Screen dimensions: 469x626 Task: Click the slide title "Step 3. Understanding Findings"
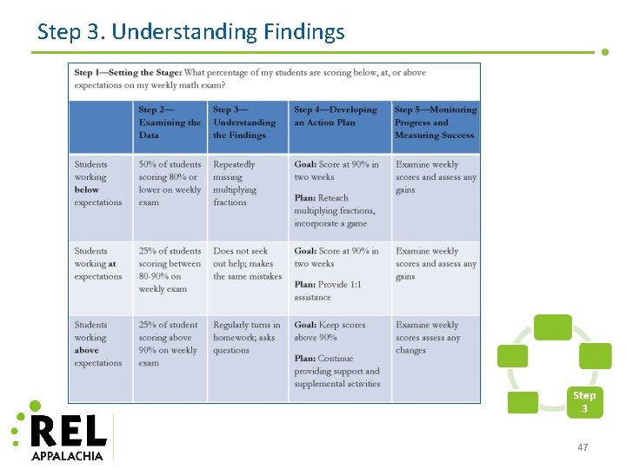click(x=190, y=33)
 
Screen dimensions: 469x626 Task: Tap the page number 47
click(x=583, y=447)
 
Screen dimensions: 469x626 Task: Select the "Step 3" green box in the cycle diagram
click(x=584, y=401)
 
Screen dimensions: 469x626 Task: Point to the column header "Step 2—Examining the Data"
click(x=170, y=122)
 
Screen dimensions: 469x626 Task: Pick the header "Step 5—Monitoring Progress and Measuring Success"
click(x=435, y=122)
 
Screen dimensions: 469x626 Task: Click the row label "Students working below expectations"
click(x=98, y=183)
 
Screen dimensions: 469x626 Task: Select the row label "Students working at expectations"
click(x=98, y=263)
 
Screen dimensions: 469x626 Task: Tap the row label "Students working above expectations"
click(x=98, y=344)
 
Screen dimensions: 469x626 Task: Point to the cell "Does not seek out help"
click(x=247, y=263)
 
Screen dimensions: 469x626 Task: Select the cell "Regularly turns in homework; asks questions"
click(x=246, y=338)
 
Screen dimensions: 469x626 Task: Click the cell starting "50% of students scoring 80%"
click(x=170, y=183)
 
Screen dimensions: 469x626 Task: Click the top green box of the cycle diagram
click(x=552, y=327)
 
